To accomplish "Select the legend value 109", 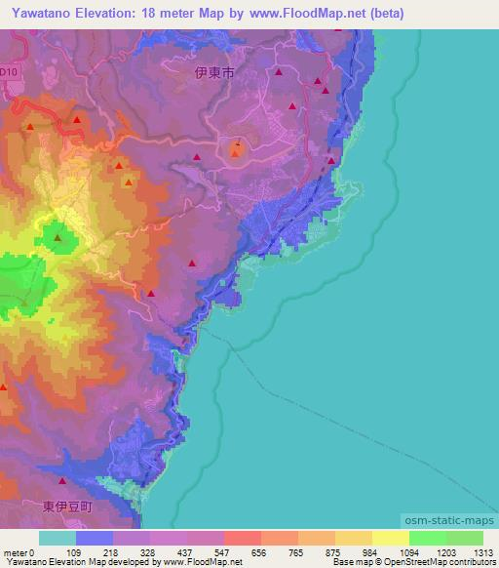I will (x=97, y=551).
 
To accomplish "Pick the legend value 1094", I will (x=395, y=551).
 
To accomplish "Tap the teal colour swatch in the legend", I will (x=58, y=538).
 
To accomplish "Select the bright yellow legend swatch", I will (x=390, y=538).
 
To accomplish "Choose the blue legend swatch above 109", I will (x=95, y=538).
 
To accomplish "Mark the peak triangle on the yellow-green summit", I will (x=58, y=237).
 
